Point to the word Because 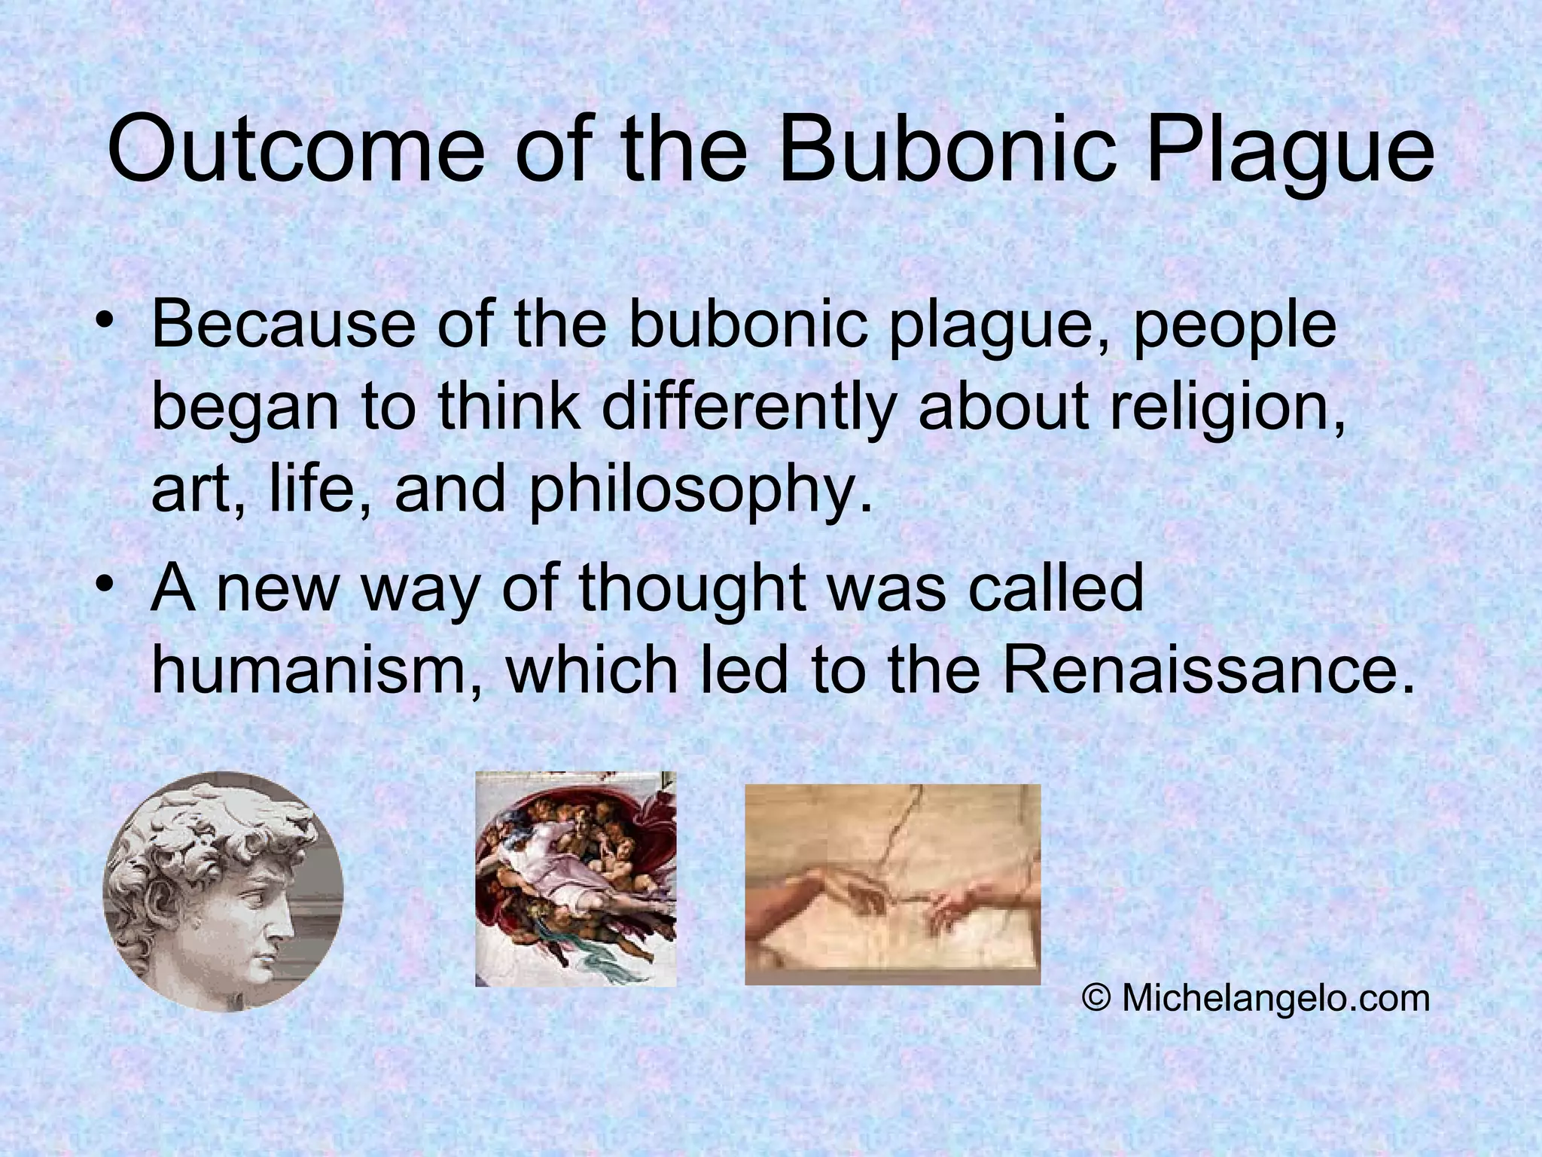(x=283, y=325)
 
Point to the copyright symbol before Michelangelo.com (x=1097, y=999)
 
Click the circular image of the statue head (x=223, y=891)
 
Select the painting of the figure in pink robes (x=576, y=878)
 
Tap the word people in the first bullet (x=1235, y=325)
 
